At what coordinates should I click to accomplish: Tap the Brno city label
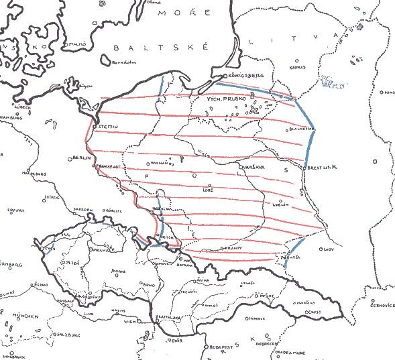[150, 285]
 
